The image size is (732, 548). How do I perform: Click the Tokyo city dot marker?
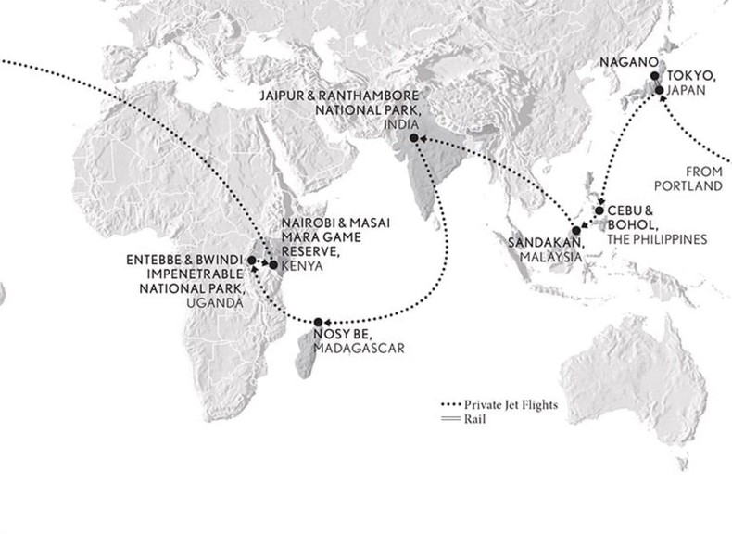659,90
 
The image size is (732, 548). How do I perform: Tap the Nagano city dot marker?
653,77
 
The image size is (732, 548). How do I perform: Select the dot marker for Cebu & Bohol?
599,210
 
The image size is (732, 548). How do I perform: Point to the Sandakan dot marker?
575,230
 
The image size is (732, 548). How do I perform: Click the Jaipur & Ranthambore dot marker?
412,138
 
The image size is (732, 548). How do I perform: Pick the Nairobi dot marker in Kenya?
273,265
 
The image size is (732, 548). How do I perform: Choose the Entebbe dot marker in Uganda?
252,261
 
